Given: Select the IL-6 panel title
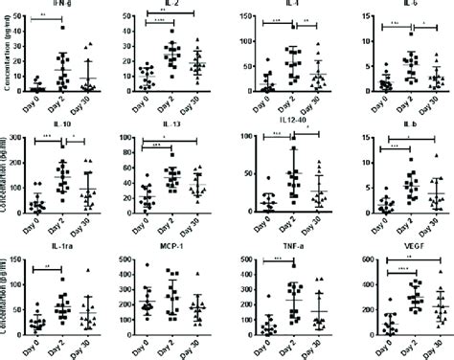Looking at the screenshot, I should coord(397,5).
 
